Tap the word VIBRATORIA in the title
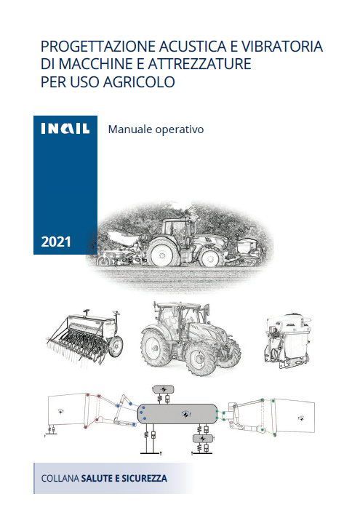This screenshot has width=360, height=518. (x=282, y=47)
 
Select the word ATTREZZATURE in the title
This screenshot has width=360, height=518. (x=199, y=64)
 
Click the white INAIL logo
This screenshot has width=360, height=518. (x=65, y=129)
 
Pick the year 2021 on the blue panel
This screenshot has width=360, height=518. (x=56, y=242)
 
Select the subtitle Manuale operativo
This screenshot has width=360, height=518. (x=156, y=129)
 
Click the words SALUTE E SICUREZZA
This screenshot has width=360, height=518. (x=124, y=478)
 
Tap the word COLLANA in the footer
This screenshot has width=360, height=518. (x=60, y=478)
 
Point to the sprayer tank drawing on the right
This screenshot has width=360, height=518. (x=288, y=340)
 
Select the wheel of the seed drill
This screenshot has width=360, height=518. (x=116, y=346)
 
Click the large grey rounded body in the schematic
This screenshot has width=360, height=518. (x=177, y=414)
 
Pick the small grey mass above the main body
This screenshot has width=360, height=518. (x=164, y=389)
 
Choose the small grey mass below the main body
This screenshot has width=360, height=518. (x=203, y=439)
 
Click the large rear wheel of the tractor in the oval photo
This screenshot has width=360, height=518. (x=164, y=252)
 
